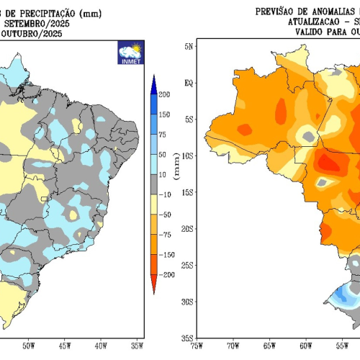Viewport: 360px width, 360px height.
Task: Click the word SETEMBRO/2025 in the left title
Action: click(x=36, y=22)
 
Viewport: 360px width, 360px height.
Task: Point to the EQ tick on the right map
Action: click(x=188, y=83)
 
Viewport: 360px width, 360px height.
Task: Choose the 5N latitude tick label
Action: click(x=188, y=46)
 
